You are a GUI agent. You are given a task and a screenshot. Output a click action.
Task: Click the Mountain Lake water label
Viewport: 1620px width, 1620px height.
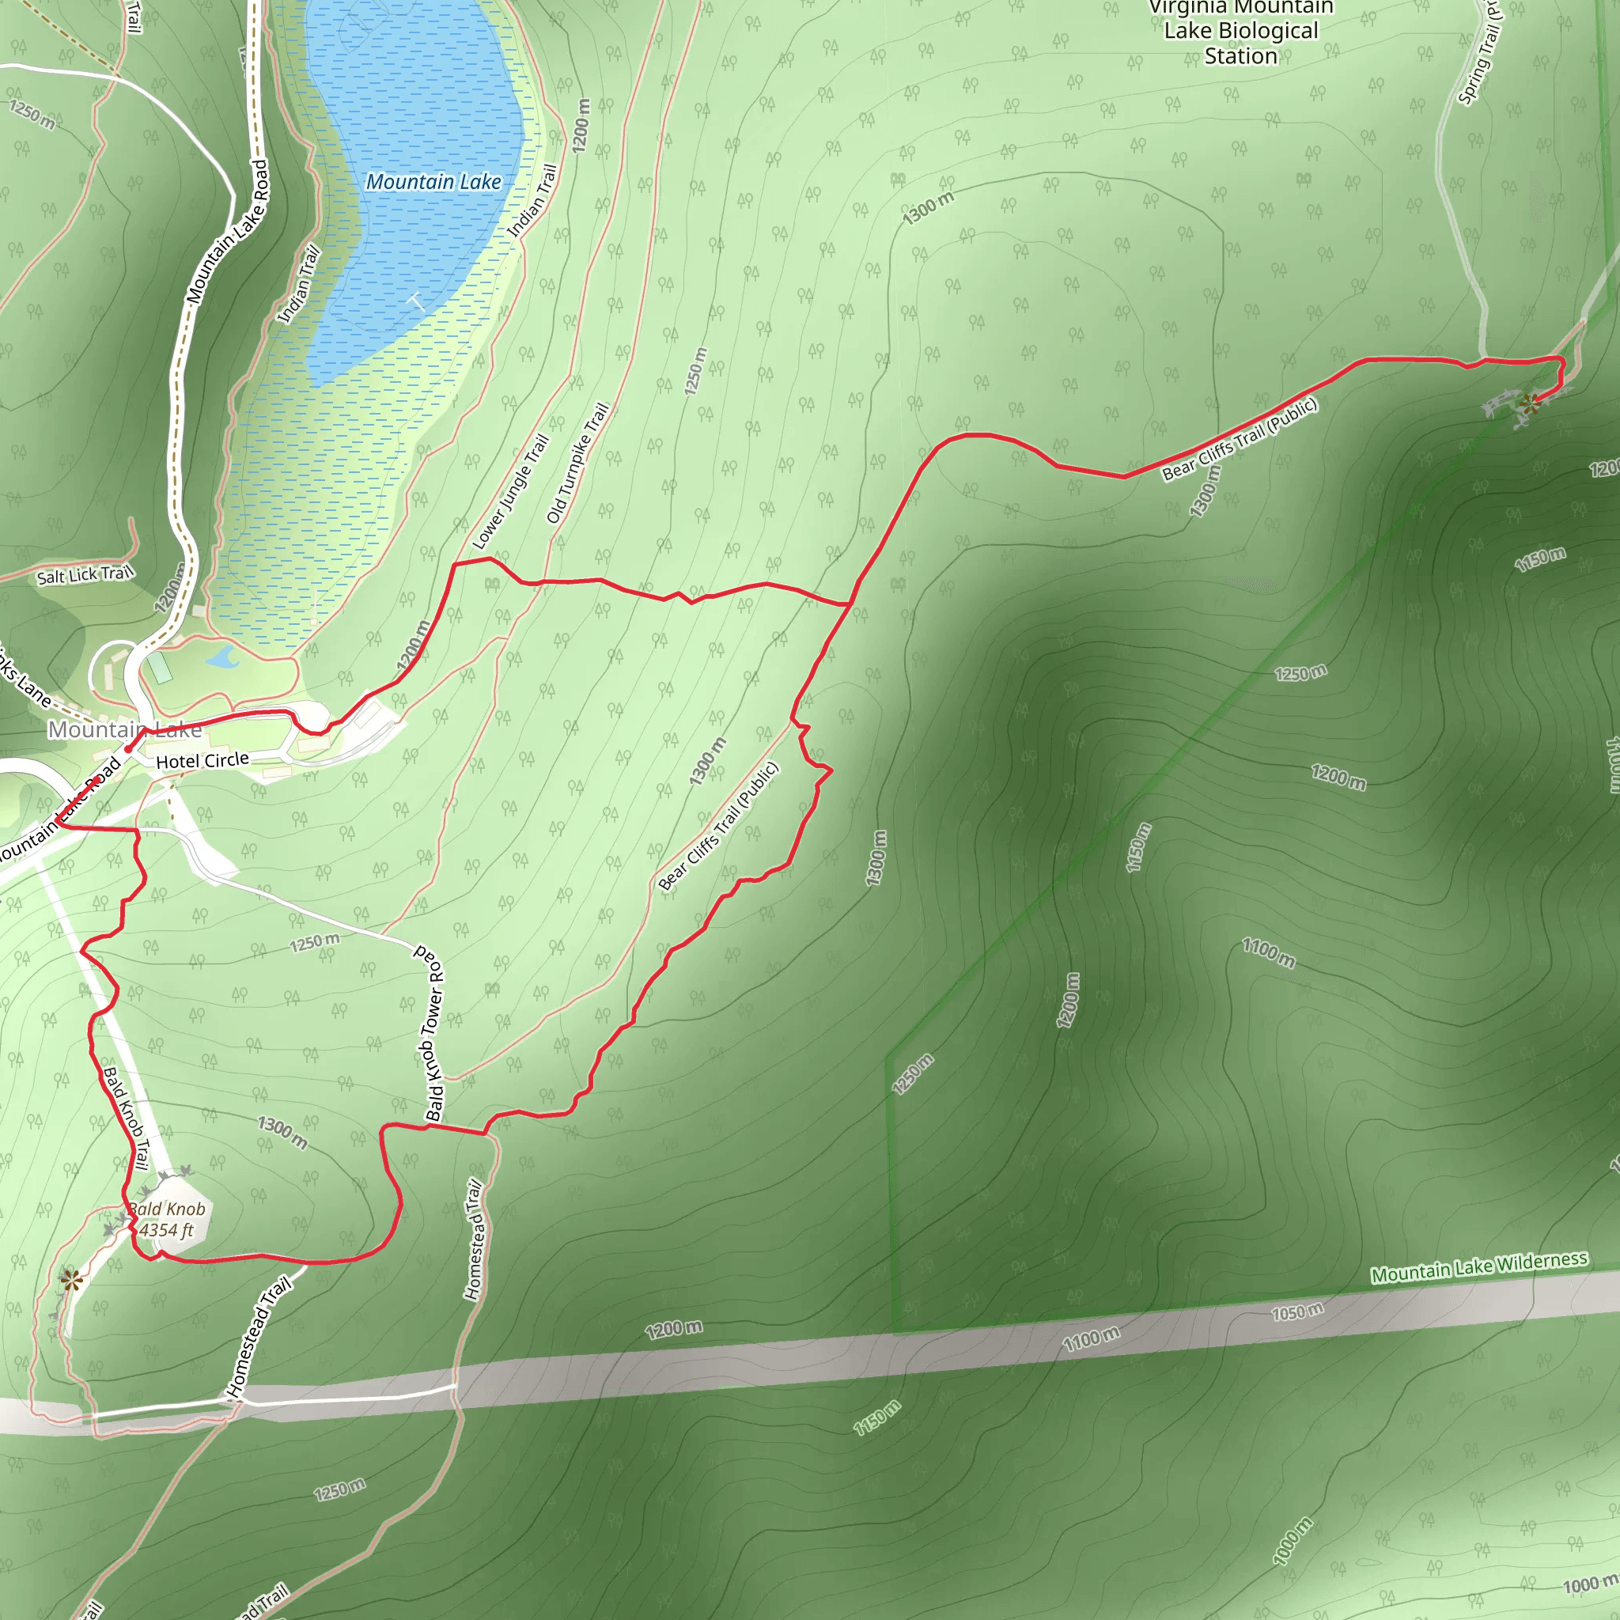click(433, 182)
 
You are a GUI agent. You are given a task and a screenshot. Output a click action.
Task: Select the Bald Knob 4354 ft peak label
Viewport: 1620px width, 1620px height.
click(167, 1220)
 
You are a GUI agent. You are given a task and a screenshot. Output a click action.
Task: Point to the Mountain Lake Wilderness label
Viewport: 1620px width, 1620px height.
click(1479, 1267)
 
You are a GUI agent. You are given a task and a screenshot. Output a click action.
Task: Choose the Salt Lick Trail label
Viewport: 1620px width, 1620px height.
click(85, 574)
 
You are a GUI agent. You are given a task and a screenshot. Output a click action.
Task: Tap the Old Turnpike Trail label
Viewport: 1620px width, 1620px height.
click(577, 463)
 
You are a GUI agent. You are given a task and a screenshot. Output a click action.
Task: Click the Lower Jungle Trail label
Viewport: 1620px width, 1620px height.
click(510, 492)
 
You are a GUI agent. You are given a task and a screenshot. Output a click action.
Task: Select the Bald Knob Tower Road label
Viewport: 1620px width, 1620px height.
click(433, 1033)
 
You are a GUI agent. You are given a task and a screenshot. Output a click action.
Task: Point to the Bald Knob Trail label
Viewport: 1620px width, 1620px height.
click(126, 1118)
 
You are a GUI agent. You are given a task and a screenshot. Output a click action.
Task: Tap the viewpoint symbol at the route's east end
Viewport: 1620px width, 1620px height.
click(1531, 403)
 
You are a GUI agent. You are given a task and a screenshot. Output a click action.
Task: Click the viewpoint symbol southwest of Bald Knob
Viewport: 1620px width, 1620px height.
click(71, 1280)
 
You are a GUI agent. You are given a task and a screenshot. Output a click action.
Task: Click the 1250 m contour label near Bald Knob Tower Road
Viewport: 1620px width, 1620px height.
click(315, 942)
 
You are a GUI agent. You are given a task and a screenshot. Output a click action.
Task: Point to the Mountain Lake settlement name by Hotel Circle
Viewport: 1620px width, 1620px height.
click(124, 729)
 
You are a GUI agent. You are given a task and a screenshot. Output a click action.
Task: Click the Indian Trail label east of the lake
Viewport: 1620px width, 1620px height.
click(532, 201)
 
